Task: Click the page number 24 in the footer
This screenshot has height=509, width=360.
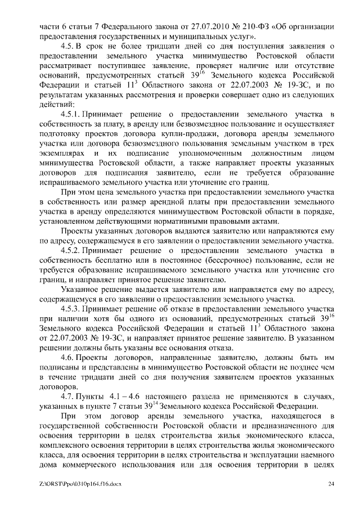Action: click(331, 484)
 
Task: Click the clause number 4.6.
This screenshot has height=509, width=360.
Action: click(67, 358)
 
